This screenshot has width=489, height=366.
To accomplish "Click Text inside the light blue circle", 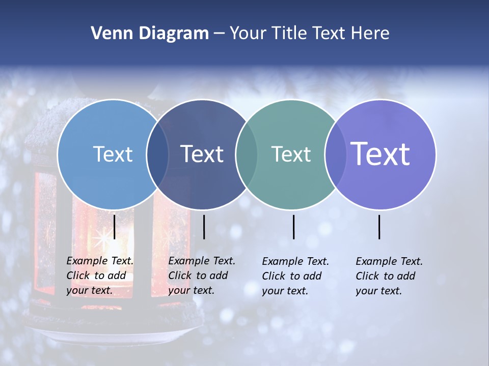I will tap(113, 154).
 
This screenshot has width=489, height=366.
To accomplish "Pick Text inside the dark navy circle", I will tap(202, 154).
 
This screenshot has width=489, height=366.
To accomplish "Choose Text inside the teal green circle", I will tap(291, 154).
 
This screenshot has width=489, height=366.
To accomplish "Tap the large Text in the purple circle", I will tap(381, 154).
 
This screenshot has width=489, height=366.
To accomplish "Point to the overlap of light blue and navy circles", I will tap(157, 154).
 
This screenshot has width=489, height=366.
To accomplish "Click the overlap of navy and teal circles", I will tap(247, 154).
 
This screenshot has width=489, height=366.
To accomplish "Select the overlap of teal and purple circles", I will tap(335, 154).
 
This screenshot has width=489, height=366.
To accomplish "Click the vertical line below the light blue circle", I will tap(115, 227).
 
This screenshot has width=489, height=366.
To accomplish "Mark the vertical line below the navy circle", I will tap(204, 227).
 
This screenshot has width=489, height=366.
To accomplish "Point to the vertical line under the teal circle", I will tap(293, 227).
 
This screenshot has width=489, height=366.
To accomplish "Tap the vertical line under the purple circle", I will tap(379, 227).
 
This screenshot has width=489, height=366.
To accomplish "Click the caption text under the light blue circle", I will tap(99, 276).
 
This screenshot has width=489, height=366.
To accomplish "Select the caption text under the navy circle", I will tap(201, 276).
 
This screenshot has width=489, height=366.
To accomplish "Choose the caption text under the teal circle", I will tap(295, 276).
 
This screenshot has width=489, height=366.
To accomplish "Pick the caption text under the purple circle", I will tap(389, 276).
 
